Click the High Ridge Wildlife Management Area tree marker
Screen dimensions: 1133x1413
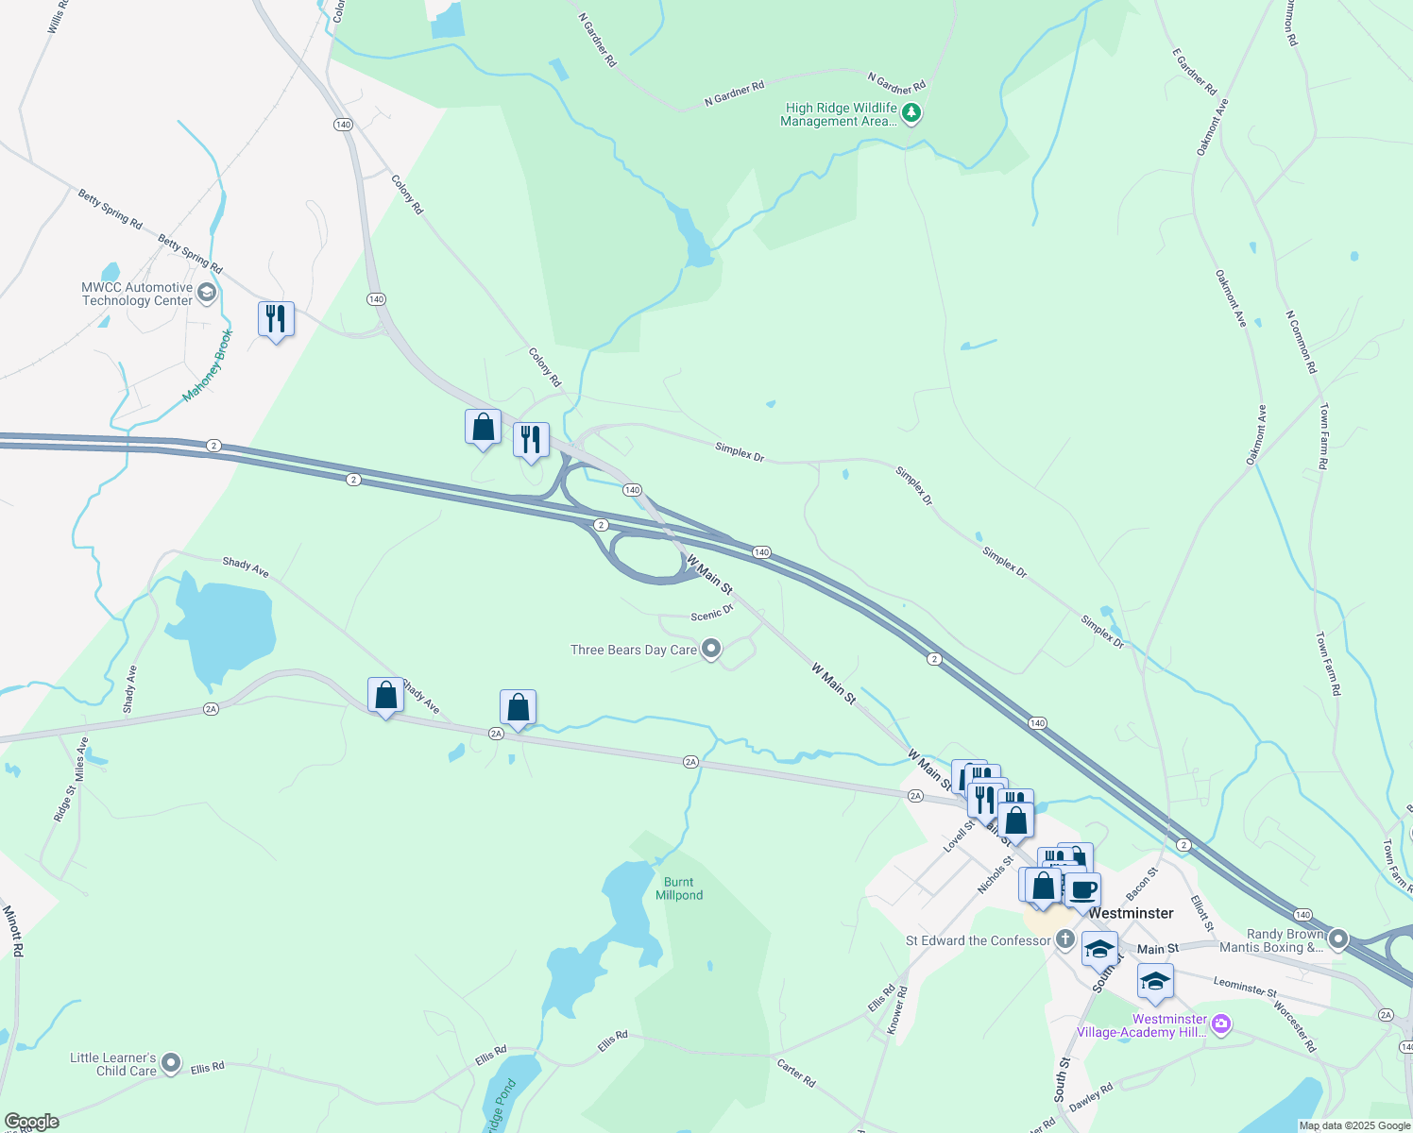(x=911, y=114)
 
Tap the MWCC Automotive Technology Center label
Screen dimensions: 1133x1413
(x=137, y=294)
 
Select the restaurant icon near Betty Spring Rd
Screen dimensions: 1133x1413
(x=276, y=319)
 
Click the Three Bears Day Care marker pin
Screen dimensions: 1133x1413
(x=712, y=649)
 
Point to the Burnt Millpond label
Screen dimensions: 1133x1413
(x=679, y=888)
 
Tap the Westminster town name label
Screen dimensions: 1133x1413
(x=1131, y=913)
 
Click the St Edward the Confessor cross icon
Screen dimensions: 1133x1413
(x=1065, y=939)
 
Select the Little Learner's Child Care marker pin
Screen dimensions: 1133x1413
(x=171, y=1063)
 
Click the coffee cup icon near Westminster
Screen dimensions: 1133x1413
(x=1082, y=889)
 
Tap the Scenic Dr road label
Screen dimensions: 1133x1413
(x=712, y=614)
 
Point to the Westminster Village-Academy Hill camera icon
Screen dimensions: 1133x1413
(x=1221, y=1024)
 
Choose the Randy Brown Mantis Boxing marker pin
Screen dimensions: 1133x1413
(x=1337, y=939)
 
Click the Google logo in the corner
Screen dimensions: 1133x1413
(x=32, y=1122)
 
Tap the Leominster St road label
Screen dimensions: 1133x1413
(x=1244, y=987)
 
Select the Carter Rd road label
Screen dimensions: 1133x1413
(x=795, y=1073)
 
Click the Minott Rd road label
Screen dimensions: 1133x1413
(x=12, y=931)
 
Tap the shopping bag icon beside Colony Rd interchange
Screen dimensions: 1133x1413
(x=483, y=427)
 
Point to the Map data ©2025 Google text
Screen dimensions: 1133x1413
(x=1354, y=1125)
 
